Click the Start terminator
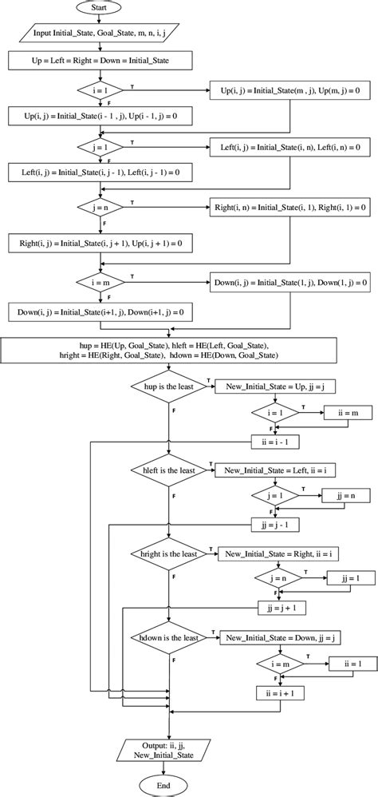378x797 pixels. coord(99,7)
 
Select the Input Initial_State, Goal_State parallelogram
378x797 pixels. coord(100,34)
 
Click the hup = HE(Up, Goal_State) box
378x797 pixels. coord(170,349)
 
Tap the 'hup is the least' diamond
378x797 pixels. coord(169,385)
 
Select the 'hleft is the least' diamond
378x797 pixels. coord(169,471)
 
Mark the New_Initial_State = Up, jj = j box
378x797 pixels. coord(270,385)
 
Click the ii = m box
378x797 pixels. coord(348,412)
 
